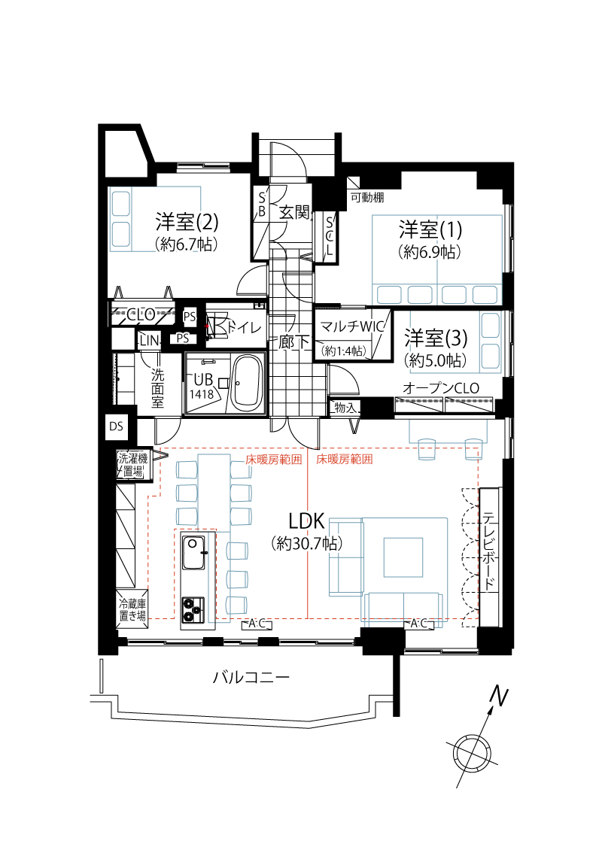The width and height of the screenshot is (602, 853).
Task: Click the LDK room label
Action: click(306, 521)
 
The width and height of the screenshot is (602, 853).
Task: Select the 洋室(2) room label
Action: click(187, 222)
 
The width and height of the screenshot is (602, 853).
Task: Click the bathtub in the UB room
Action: click(247, 382)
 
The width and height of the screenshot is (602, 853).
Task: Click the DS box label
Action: click(116, 427)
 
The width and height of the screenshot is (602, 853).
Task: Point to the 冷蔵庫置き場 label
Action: click(132, 609)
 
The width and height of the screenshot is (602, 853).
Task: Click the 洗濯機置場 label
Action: click(132, 464)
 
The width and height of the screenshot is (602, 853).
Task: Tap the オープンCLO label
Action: click(440, 388)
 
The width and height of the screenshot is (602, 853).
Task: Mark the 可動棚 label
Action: click(367, 198)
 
